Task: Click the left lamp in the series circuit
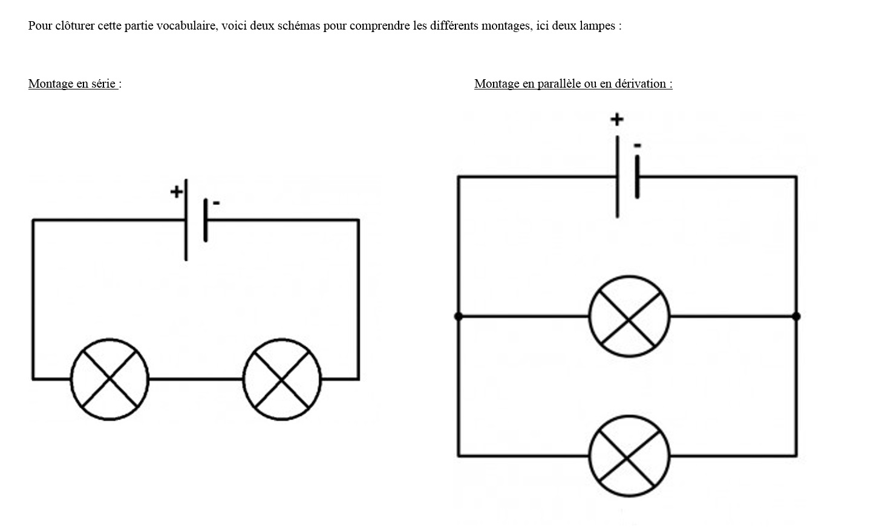click(109, 379)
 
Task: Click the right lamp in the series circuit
click(282, 379)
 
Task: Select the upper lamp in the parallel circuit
click(629, 316)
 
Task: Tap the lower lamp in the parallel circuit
click(629, 456)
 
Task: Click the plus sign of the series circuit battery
click(176, 192)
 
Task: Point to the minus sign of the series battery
click(216, 203)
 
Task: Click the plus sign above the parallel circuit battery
click(616, 119)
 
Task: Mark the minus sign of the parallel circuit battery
click(637, 146)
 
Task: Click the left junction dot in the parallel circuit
click(458, 316)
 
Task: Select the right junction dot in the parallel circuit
click(796, 316)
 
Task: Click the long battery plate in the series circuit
click(186, 220)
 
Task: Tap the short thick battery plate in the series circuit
click(206, 220)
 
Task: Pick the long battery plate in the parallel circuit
click(617, 177)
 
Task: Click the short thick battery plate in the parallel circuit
click(637, 177)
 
